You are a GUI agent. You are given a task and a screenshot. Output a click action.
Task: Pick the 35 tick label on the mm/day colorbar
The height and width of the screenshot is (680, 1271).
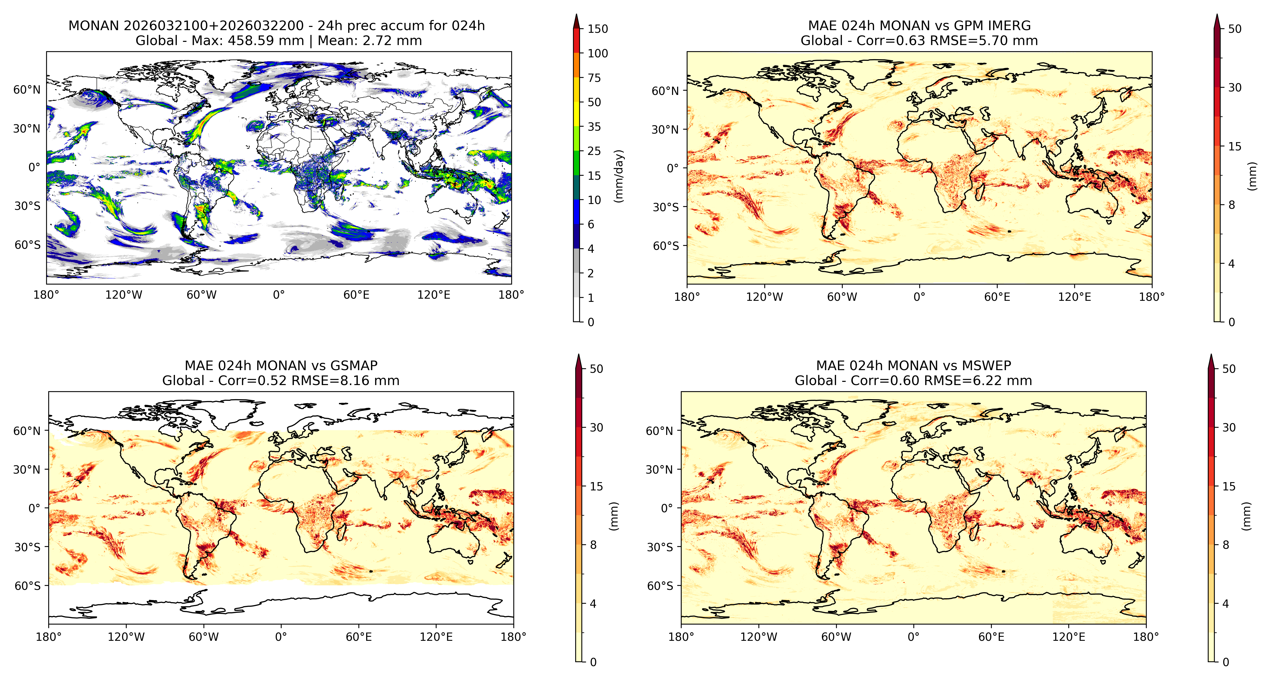pos(594,127)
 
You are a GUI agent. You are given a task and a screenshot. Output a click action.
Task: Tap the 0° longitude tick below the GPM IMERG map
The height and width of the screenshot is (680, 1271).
pos(919,297)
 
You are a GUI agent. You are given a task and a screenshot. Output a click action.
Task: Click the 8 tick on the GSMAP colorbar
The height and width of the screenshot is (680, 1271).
pos(593,545)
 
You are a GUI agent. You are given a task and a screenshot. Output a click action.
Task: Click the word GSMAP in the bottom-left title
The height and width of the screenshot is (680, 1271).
pos(354,366)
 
